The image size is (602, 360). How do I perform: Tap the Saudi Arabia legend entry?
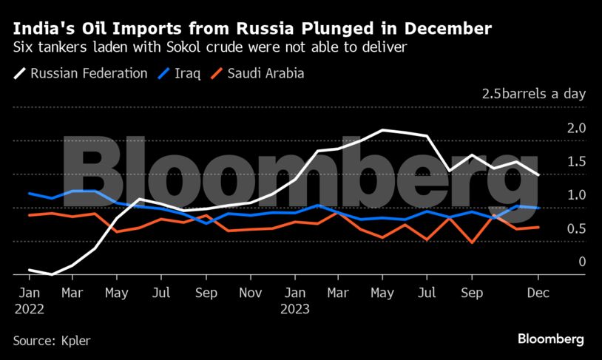click(257, 74)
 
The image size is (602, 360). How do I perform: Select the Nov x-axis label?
click(251, 293)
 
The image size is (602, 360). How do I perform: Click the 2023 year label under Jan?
click(294, 310)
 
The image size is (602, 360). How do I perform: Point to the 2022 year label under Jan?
click(29, 310)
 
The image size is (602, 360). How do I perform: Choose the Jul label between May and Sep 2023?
click(427, 293)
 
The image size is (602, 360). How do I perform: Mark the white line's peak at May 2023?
click(382, 130)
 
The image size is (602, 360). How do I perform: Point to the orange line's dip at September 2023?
click(471, 242)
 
